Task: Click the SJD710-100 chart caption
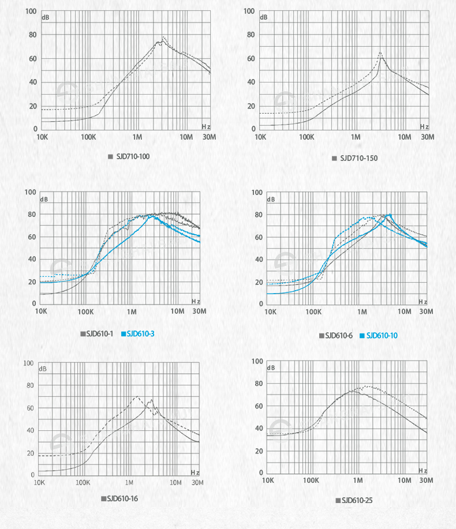(133, 156)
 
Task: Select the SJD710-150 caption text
(358, 158)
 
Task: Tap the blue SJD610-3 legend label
(142, 334)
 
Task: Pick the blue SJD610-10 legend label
(382, 335)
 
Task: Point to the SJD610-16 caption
(122, 498)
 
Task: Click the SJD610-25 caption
(357, 500)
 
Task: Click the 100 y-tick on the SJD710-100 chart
(31, 12)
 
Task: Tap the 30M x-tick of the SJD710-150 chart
(427, 137)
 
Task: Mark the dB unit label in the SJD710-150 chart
(264, 17)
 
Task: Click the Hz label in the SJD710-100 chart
(206, 126)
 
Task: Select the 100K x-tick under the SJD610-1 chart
(85, 312)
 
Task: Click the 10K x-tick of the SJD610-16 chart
(40, 482)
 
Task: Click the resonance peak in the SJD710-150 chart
(380, 52)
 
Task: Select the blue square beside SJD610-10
(362, 335)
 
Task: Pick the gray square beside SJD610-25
(338, 500)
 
